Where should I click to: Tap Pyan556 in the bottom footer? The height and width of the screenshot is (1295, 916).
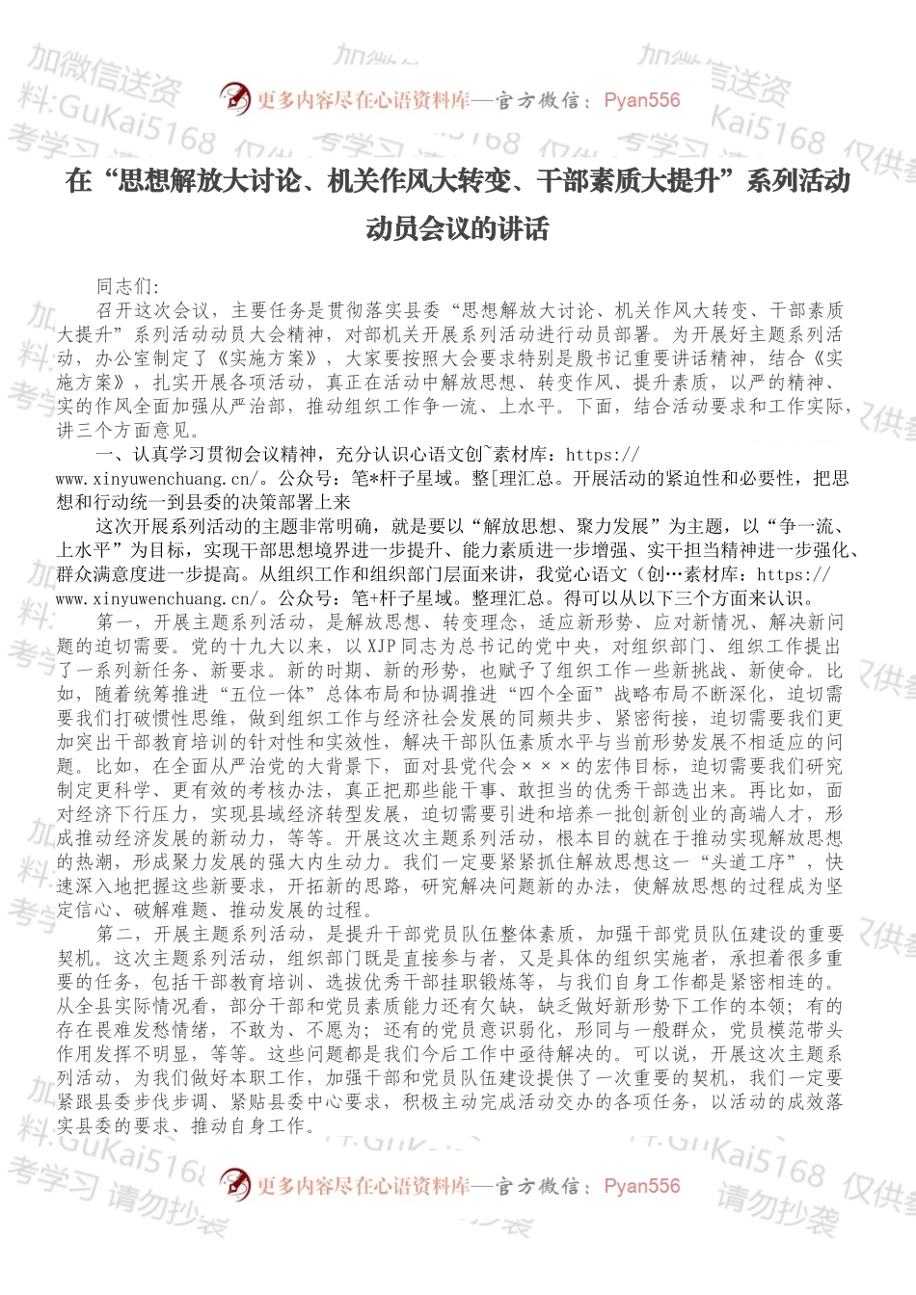pyautogui.click(x=641, y=1186)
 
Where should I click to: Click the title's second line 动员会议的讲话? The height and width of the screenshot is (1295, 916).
pyautogui.click(x=457, y=229)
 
